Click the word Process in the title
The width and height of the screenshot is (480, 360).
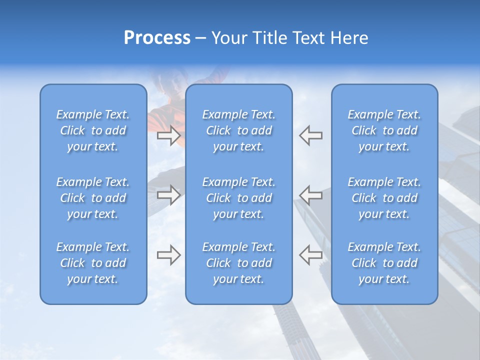click(157, 38)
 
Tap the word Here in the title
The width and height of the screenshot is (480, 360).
click(348, 38)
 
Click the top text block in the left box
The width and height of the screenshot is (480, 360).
click(93, 130)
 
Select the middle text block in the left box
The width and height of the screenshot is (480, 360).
click(93, 198)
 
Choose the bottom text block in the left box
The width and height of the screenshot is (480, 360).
click(93, 263)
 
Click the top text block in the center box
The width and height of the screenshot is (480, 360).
click(238, 130)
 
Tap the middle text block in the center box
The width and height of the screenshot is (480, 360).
click(238, 198)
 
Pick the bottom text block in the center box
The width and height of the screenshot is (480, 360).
click(238, 263)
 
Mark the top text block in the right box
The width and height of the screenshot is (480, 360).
click(384, 130)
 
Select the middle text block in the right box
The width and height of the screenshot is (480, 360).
click(384, 198)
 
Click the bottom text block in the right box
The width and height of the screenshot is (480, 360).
click(384, 263)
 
